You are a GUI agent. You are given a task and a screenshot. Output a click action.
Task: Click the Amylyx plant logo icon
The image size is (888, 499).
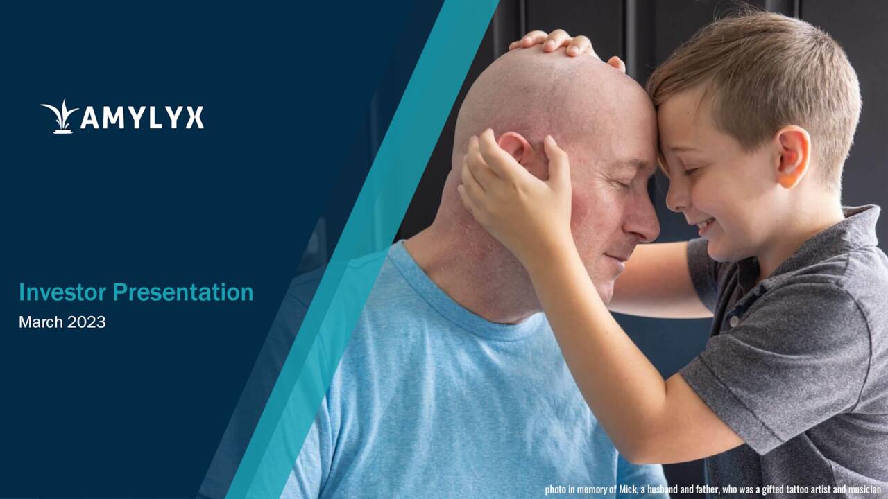60,116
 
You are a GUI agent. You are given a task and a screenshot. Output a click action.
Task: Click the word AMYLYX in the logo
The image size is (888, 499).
142,117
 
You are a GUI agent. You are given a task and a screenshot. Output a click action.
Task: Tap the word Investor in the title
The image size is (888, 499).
63,292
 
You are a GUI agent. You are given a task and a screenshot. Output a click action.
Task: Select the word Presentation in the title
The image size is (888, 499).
183,292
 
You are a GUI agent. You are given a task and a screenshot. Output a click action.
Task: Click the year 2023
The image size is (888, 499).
87,322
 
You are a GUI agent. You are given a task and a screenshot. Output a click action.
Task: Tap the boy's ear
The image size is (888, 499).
793,157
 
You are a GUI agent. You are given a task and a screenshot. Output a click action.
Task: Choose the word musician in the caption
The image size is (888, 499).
863,490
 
